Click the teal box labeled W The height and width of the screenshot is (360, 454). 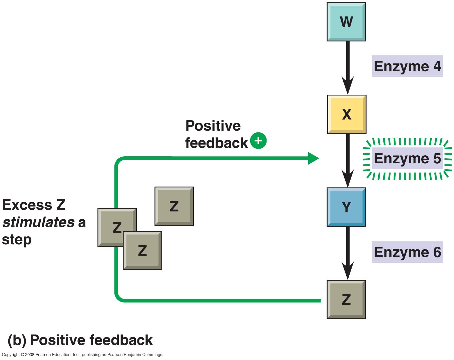coord(346,22)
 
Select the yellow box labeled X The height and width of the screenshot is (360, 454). coord(347,114)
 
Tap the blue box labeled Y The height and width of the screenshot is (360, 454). coord(346,207)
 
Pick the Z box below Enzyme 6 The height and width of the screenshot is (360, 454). coord(346,299)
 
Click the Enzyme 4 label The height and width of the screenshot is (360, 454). coord(407,66)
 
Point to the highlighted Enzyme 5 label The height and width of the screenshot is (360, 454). coord(407,158)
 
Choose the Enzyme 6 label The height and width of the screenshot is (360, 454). coord(407,252)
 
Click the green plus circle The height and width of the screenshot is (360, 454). coord(258,140)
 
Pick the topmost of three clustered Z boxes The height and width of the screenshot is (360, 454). coord(174,206)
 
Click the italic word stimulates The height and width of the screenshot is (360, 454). coord(38,222)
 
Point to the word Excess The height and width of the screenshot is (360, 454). coord(27,205)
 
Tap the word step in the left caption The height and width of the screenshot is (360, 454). coord(17,240)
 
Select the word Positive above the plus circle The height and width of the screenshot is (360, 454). coord(213,126)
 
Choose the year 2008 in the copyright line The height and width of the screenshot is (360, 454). coord(29,355)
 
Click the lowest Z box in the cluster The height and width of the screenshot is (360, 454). coord(142,250)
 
